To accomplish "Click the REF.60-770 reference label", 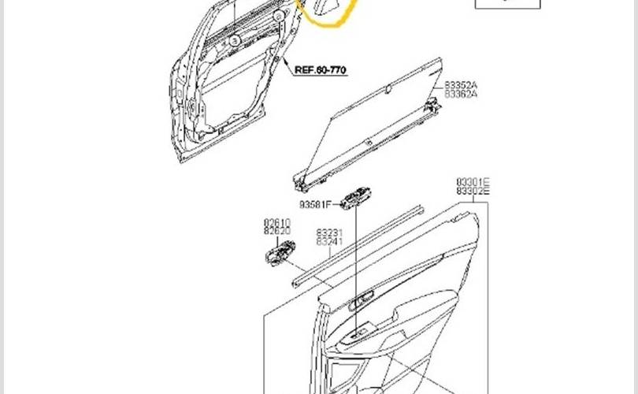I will point(321,69).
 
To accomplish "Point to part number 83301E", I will point(473,181).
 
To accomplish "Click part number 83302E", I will point(473,191).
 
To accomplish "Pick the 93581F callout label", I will point(315,205).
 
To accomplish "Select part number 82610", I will point(277,223).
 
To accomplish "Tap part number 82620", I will point(277,232).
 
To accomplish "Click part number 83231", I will point(330,233).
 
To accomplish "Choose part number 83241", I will point(330,243).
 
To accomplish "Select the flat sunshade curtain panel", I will point(370,126).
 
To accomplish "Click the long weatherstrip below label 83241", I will point(358,244).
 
